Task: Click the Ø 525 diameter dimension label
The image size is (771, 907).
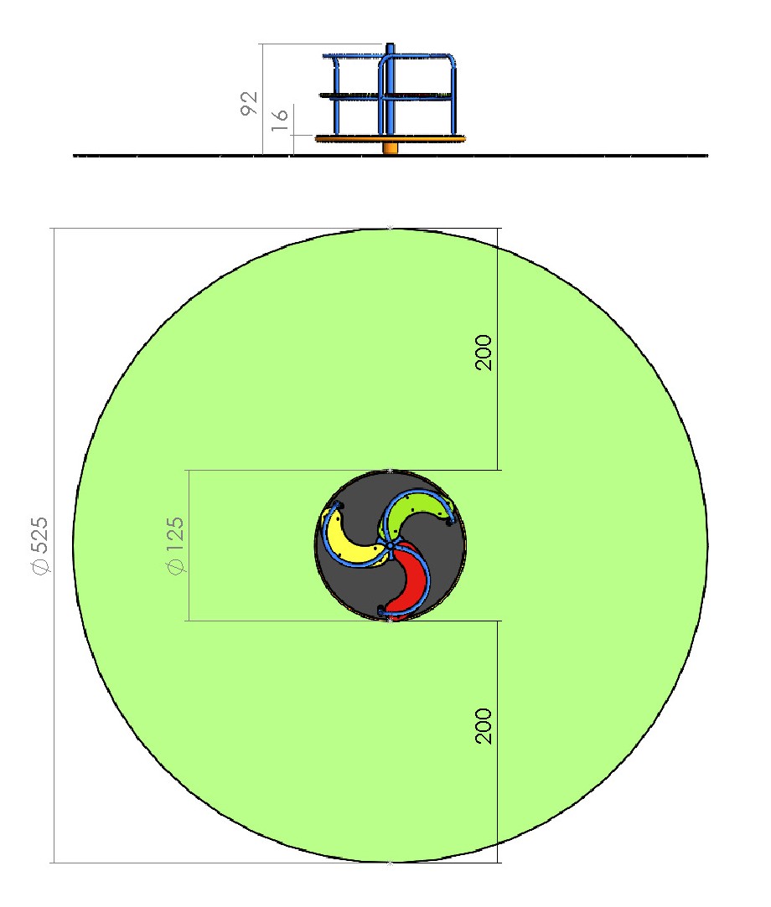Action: pos(40,546)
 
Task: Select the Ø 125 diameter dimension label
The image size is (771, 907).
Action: pos(175,546)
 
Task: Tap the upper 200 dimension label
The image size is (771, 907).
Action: pos(484,353)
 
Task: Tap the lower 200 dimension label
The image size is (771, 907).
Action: pos(484,725)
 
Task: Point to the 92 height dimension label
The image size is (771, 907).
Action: pos(249,104)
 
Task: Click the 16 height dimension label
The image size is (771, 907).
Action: pos(280,119)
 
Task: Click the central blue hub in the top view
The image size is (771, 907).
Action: pos(391,545)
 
